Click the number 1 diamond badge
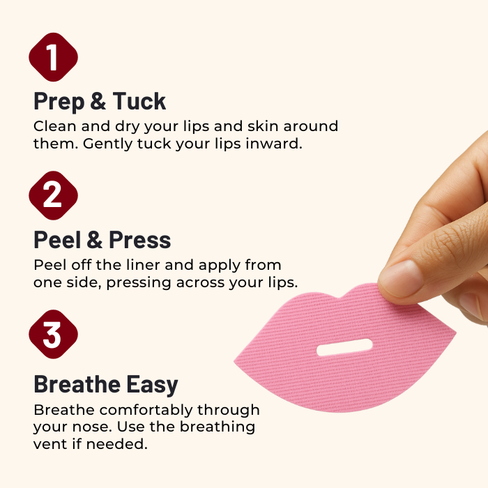(53, 57)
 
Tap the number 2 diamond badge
(53, 195)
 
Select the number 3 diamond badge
(53, 334)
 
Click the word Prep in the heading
(59, 102)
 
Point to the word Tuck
(139, 101)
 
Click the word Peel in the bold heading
(57, 240)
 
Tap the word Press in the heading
(139, 240)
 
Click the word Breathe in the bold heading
(77, 384)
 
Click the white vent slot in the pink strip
(344, 347)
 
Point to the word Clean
(55, 126)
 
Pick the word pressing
(139, 283)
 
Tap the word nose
(92, 427)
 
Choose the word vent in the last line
(50, 444)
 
